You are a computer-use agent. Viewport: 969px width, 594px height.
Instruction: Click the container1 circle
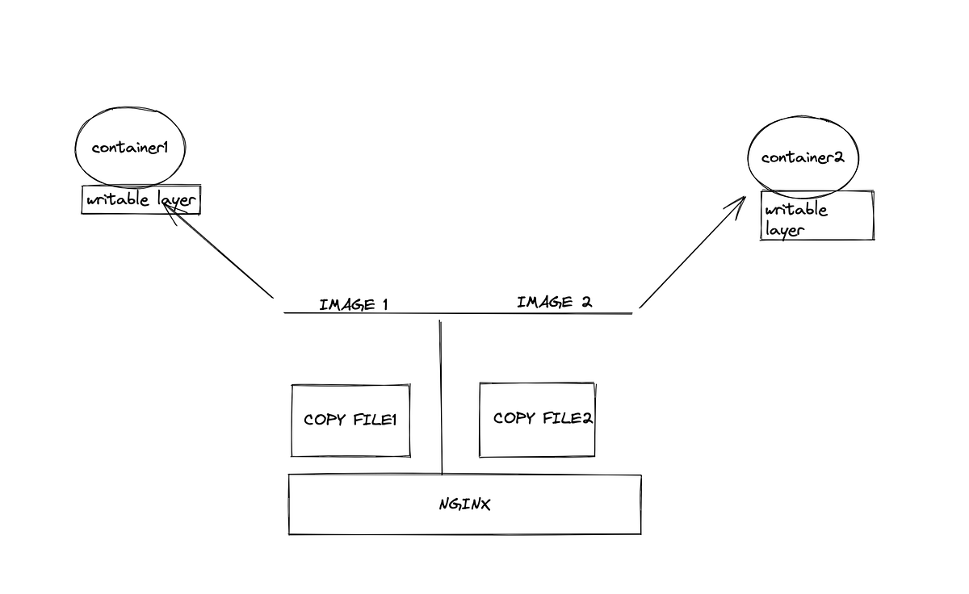pos(129,148)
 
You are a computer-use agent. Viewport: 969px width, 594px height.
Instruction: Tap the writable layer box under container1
pos(141,200)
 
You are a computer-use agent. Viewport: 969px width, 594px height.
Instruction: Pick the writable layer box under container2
pos(817,215)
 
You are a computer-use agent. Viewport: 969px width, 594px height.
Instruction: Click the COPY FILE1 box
pos(350,420)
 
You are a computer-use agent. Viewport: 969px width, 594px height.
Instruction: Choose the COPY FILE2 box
pos(537,419)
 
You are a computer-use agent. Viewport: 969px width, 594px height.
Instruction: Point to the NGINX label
pos(465,505)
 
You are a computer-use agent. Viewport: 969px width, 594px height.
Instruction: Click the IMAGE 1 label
pos(354,305)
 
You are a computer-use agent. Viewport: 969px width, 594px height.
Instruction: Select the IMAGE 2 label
pos(554,303)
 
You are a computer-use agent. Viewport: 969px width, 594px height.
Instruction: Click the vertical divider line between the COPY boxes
pos(441,395)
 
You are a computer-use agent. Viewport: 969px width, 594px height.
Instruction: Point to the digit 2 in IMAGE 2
pos(586,303)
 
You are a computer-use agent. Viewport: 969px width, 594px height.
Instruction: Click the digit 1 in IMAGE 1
pos(385,305)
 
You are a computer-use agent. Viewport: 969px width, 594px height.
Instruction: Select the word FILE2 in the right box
pos(568,419)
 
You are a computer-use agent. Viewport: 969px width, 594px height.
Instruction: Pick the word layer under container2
pos(784,230)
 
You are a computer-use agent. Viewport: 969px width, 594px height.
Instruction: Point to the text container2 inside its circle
pos(803,158)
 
